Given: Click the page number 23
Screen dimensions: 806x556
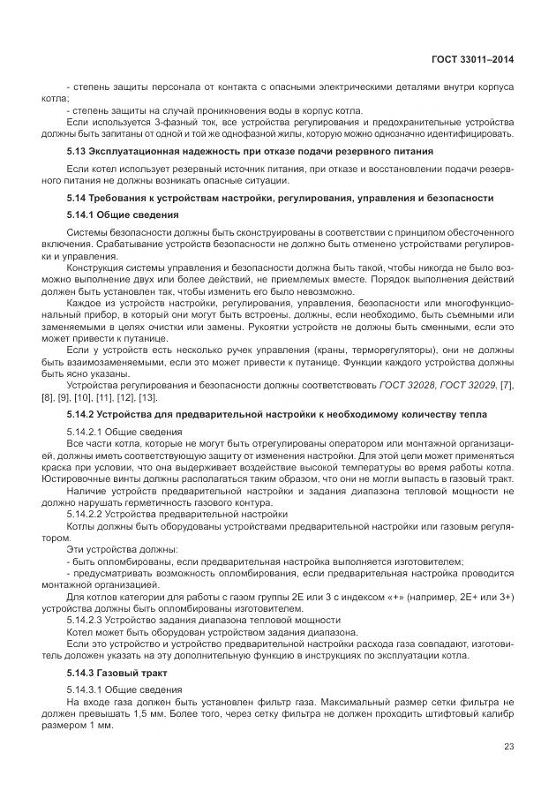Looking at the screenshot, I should tap(509, 747).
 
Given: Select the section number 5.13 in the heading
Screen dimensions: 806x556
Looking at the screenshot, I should tap(77, 152).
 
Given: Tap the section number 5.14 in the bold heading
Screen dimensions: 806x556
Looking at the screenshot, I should tap(77, 197).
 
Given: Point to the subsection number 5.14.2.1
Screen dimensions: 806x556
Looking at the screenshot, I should tap(87, 431).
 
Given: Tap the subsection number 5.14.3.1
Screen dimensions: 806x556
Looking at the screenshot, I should tap(87, 689).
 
